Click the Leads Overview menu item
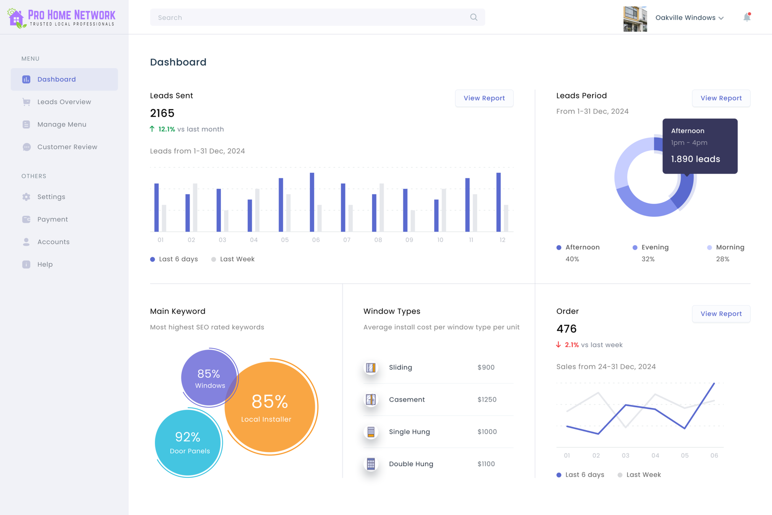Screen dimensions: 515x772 (64, 102)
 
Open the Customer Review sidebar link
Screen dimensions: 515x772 (67, 147)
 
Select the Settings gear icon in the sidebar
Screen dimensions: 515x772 (26, 197)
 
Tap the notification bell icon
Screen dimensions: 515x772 (746, 17)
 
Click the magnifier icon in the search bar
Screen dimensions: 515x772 (473, 17)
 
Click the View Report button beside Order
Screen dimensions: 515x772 (721, 314)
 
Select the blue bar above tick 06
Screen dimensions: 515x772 (312, 202)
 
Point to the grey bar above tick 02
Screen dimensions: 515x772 (195, 208)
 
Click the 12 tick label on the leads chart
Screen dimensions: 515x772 (502, 240)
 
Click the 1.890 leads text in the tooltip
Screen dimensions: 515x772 (695, 159)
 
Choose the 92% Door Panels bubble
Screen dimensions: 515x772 (189, 443)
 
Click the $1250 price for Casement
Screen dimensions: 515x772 (487, 400)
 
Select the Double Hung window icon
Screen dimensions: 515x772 (371, 464)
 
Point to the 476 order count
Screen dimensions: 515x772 (566, 329)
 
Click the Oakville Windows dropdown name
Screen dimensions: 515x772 (685, 18)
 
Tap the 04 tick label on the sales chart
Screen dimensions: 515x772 (655, 456)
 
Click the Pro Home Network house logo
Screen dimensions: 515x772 (16, 18)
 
